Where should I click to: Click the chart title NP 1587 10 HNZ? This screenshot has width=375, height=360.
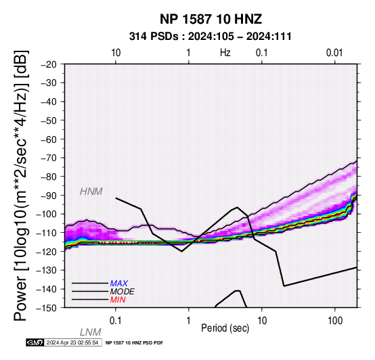tap(211, 19)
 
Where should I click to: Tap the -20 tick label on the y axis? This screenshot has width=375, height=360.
tap(49, 64)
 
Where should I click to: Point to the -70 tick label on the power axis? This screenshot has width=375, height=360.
tap(49, 158)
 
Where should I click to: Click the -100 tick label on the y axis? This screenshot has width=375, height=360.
tap(47, 214)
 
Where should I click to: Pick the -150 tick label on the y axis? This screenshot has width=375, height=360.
tap(47, 308)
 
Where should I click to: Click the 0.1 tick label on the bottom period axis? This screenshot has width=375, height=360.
tap(116, 321)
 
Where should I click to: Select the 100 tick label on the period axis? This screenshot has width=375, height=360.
tap(335, 321)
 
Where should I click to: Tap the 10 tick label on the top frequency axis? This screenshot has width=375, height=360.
tap(116, 53)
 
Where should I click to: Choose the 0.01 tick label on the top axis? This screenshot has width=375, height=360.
tap(334, 53)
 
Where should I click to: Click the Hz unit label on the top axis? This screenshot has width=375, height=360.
tap(225, 53)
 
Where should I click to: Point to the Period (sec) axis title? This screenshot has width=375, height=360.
tap(225, 328)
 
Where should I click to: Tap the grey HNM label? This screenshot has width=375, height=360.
tap(91, 192)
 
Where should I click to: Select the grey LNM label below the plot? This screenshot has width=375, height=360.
tap(91, 332)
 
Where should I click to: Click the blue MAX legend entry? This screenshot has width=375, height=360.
tap(119, 284)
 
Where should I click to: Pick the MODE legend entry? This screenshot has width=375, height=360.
tap(123, 292)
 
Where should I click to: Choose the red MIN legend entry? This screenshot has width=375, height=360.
tap(118, 300)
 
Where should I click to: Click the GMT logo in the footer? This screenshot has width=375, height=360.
tap(35, 342)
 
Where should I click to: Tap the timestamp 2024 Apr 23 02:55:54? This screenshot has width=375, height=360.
tap(72, 342)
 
